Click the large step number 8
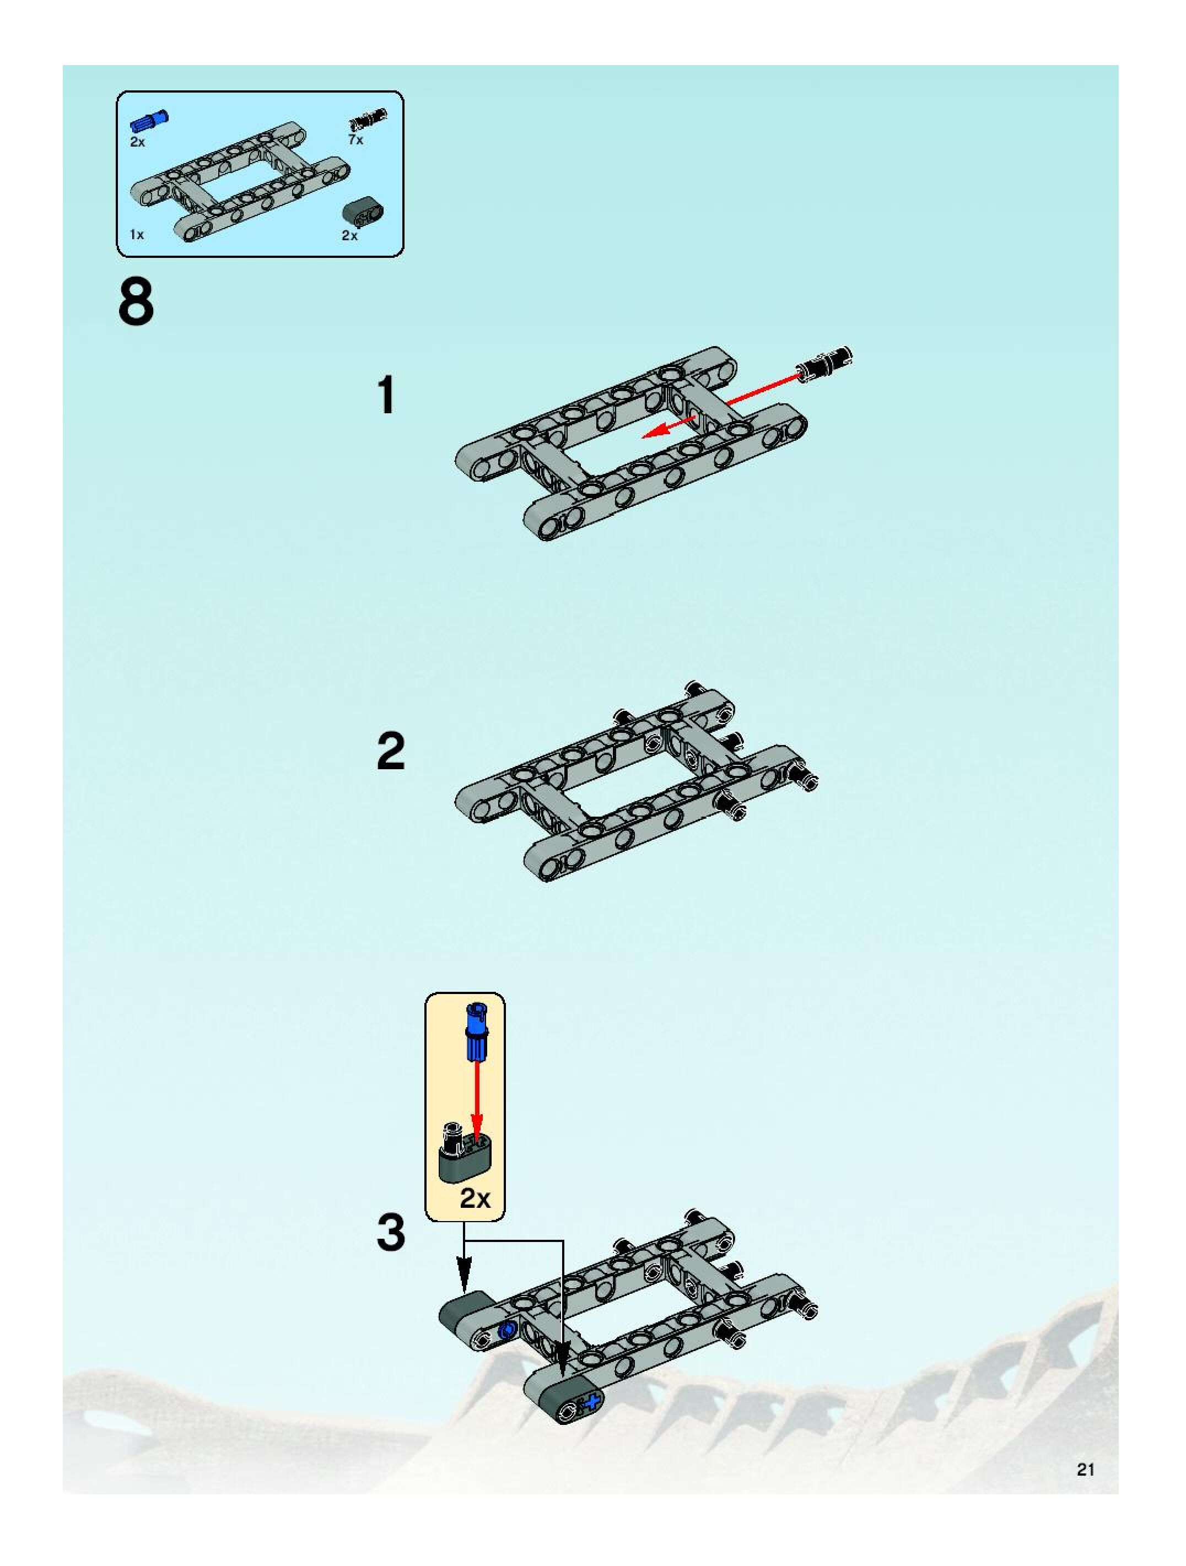point(136,303)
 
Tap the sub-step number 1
point(386,395)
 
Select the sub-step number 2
point(391,751)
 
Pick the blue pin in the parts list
point(149,121)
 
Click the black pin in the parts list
point(368,120)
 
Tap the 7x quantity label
point(355,140)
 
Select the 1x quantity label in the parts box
point(137,234)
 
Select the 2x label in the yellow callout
point(475,1198)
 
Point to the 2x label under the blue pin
point(137,142)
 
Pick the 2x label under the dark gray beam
point(350,236)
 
